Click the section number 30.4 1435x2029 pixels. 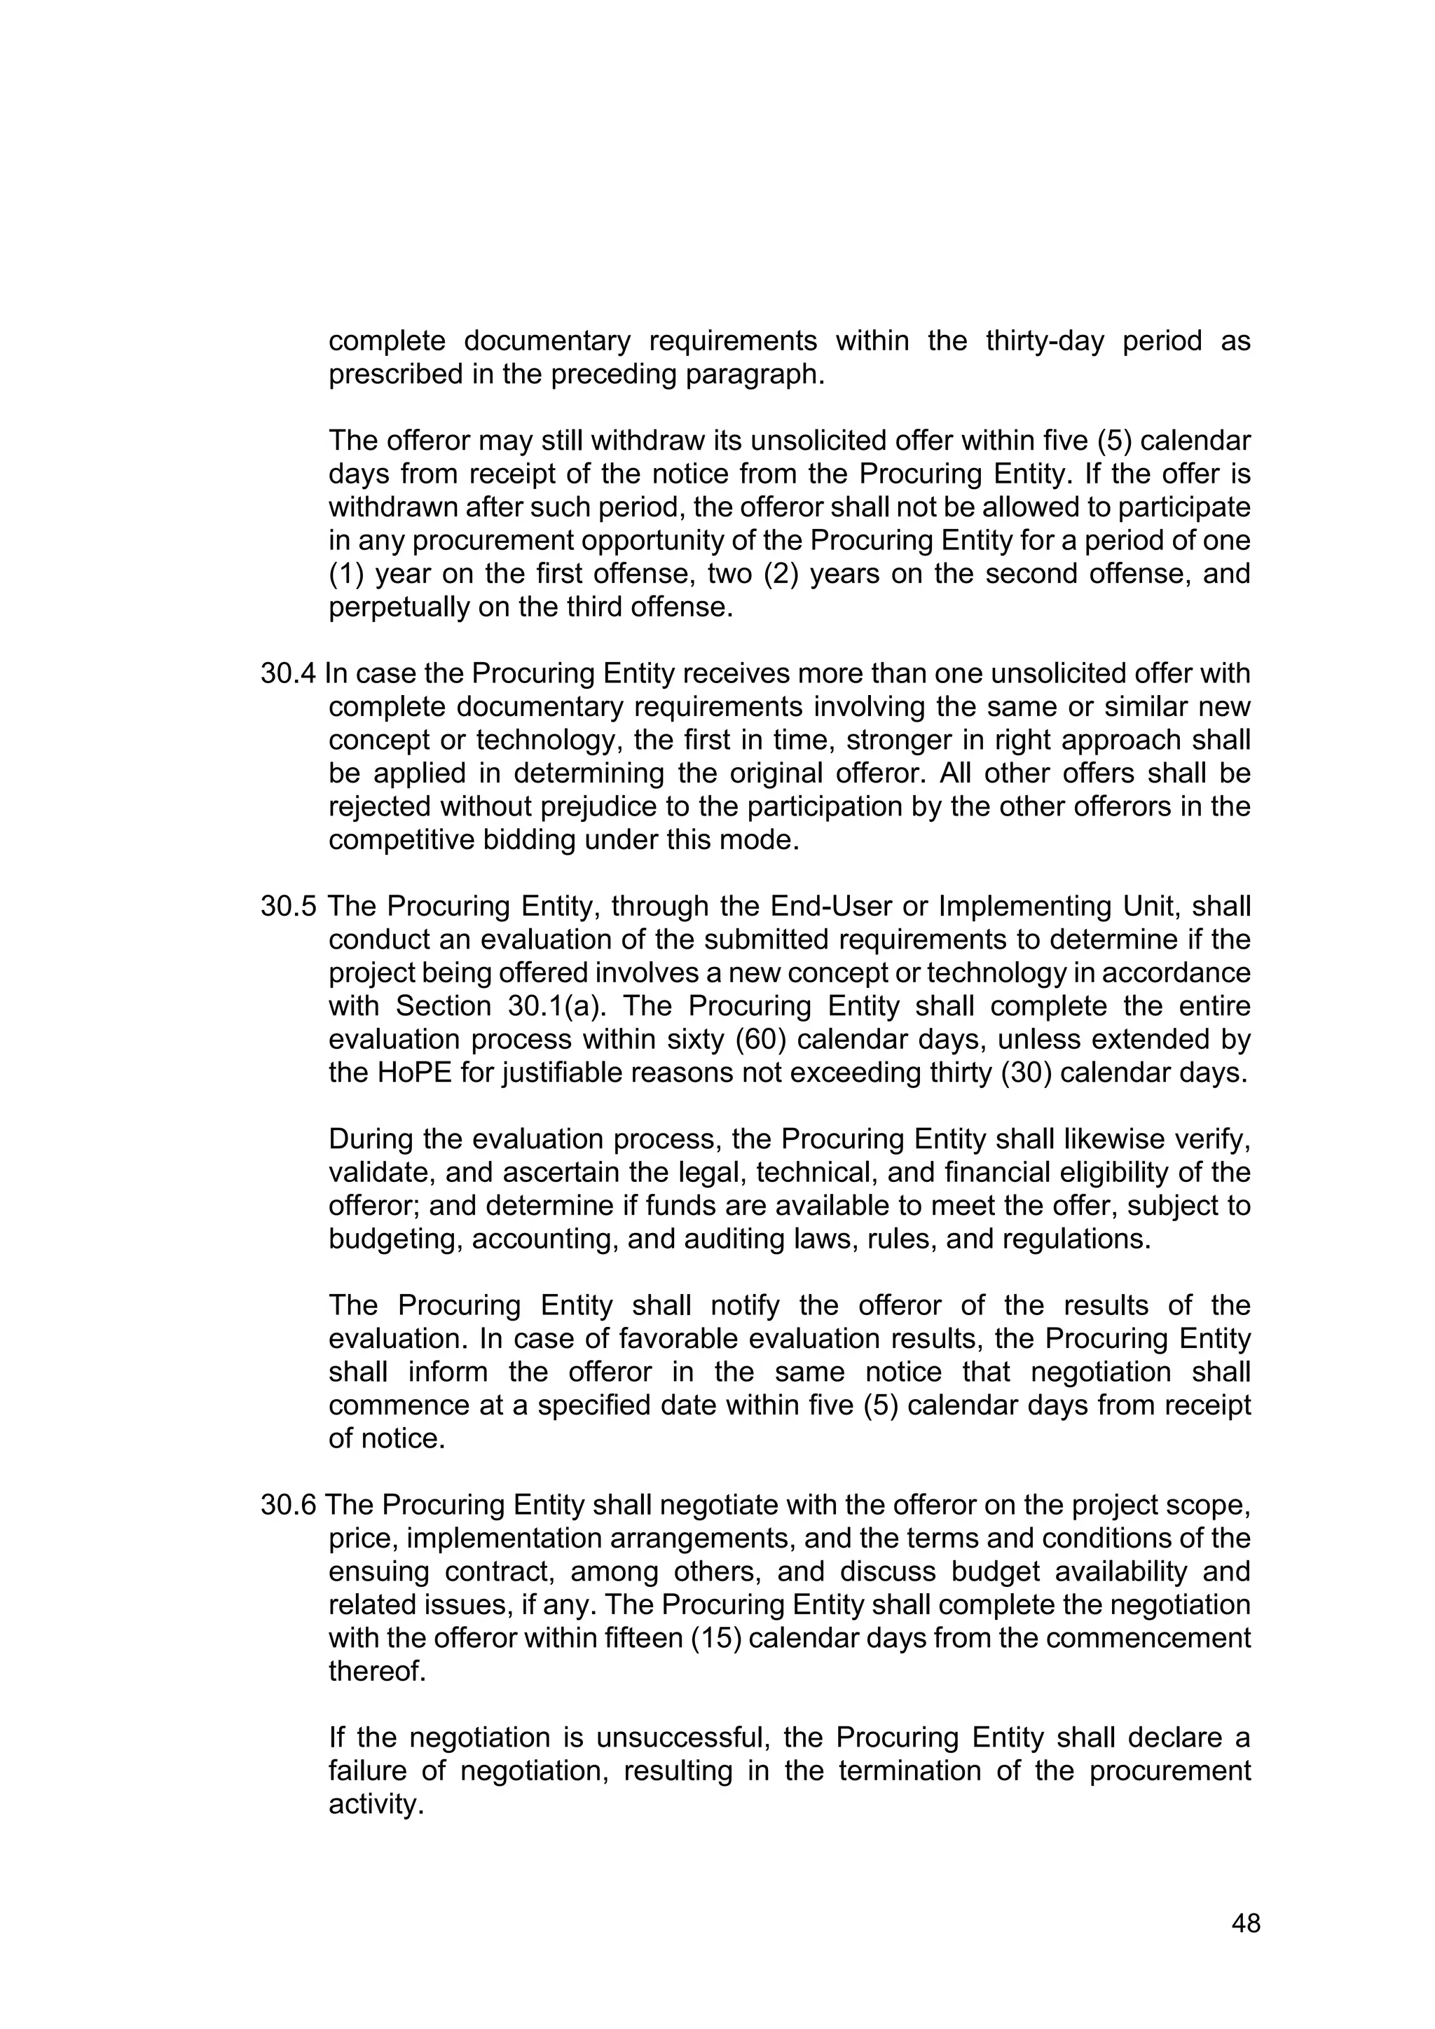pyautogui.click(x=287, y=674)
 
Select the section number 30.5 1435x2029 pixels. pyautogui.click(x=287, y=907)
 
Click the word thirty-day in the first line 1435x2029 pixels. pyautogui.click(x=1045, y=341)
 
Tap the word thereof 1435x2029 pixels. pyautogui.click(x=376, y=1672)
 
